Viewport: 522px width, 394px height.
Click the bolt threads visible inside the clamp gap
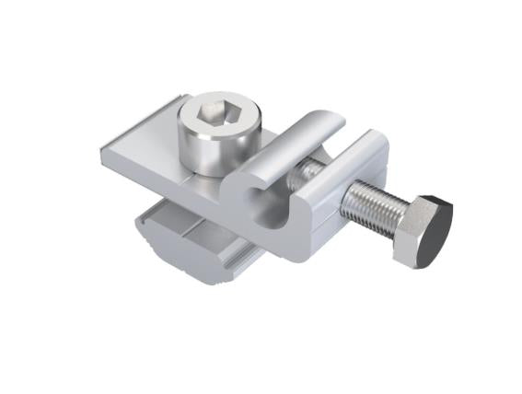point(303,171)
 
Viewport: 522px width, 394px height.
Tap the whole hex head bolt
point(396,216)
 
